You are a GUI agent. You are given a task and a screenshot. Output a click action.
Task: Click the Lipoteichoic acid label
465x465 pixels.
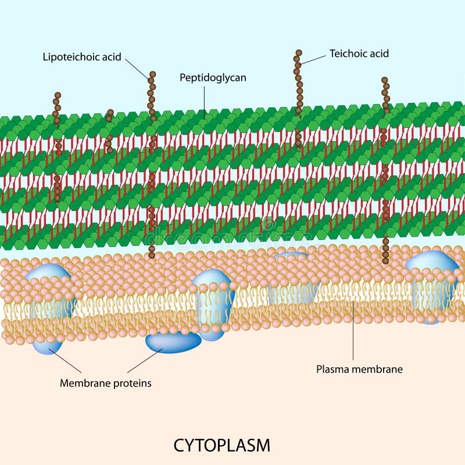(x=82, y=57)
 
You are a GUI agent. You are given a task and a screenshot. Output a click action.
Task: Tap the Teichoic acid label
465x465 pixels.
(x=359, y=53)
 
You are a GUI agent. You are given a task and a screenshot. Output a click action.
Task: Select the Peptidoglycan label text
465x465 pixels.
(x=213, y=77)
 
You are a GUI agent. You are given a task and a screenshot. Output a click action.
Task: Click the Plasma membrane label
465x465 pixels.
(x=359, y=369)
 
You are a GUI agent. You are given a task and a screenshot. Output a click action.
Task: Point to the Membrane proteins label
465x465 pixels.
(x=105, y=383)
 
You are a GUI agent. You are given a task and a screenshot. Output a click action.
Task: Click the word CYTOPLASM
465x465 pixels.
(x=221, y=445)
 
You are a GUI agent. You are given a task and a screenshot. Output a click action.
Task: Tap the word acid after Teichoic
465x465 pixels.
(x=378, y=53)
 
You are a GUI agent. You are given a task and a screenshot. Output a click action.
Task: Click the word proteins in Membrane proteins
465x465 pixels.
(x=131, y=383)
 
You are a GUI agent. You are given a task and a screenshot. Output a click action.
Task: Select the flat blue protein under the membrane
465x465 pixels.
(x=173, y=342)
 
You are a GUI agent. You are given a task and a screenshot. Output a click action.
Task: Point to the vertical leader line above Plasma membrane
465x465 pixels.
(x=353, y=331)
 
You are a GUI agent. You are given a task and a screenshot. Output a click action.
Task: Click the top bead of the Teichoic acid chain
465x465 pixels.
(x=299, y=53)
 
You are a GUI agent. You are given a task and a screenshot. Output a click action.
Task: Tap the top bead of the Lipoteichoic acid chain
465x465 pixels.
(x=152, y=74)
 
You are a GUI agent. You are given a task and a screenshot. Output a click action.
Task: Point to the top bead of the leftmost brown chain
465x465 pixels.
(x=57, y=95)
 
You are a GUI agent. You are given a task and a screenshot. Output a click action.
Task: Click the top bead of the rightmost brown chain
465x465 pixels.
(x=384, y=80)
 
